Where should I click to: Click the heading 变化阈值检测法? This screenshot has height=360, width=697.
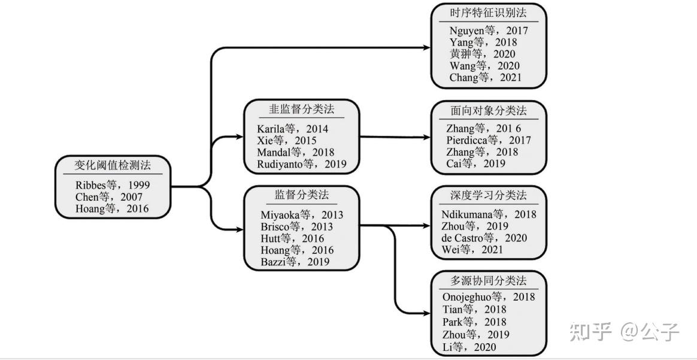(113, 165)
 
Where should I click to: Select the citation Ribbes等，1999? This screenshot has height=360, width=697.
(113, 185)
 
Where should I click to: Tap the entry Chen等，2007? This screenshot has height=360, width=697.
(109, 197)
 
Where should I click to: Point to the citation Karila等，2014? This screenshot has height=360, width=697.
(293, 129)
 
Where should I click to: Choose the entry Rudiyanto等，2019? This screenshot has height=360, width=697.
(302, 164)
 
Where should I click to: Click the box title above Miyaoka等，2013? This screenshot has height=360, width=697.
(302, 195)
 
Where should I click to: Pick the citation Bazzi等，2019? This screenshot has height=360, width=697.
(295, 262)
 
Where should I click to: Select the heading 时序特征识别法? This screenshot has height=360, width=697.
(489, 13)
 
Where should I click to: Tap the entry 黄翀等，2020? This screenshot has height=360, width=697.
(482, 54)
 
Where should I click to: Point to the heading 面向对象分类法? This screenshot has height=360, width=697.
(489, 111)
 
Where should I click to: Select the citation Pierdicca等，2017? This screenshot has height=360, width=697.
(489, 140)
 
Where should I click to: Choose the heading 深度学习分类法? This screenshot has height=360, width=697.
(489, 196)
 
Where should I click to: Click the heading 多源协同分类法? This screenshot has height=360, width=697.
(489, 280)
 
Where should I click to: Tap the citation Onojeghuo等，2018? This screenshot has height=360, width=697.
(489, 297)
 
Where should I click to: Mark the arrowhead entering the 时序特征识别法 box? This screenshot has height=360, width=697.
(427, 47)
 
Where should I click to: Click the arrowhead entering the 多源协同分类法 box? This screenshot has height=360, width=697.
(427, 313)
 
